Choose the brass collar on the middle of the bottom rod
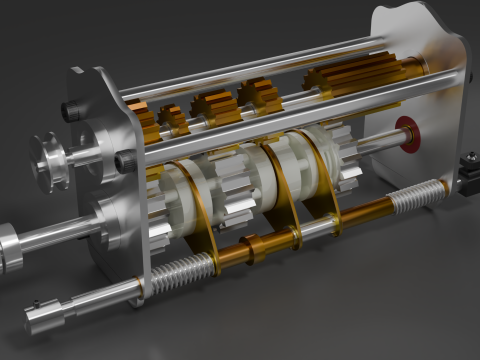pyautogui.click(x=265, y=244)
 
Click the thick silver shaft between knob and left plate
pyautogui.click(x=60, y=237)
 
